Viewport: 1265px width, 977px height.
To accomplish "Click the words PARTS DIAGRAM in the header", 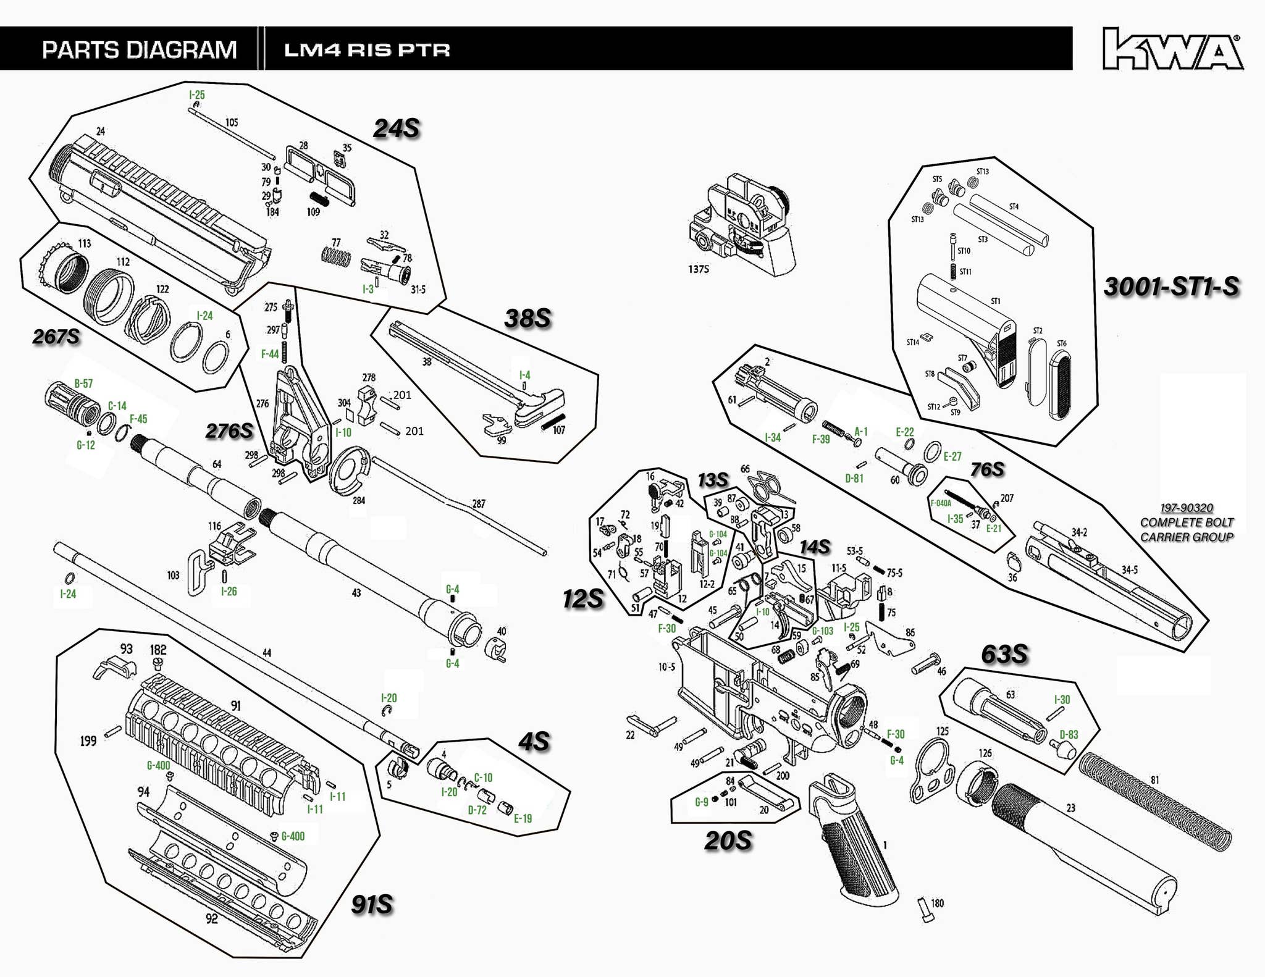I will (139, 49).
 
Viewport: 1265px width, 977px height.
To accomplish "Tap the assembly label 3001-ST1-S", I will (1171, 287).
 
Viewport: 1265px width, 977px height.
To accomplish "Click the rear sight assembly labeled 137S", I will (741, 225).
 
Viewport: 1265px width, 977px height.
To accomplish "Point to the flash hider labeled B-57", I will (72, 403).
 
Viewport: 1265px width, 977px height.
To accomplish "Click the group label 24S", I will (396, 128).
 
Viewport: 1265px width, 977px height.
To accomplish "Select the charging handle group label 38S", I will (527, 318).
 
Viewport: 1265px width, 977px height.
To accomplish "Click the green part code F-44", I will (269, 354).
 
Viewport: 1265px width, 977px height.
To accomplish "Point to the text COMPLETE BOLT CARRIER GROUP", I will (1187, 529).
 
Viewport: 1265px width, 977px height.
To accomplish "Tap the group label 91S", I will (372, 904).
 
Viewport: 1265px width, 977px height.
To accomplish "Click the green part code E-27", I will (952, 456).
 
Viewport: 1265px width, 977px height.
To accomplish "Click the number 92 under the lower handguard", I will (211, 919).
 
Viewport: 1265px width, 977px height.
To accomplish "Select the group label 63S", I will (1004, 654).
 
